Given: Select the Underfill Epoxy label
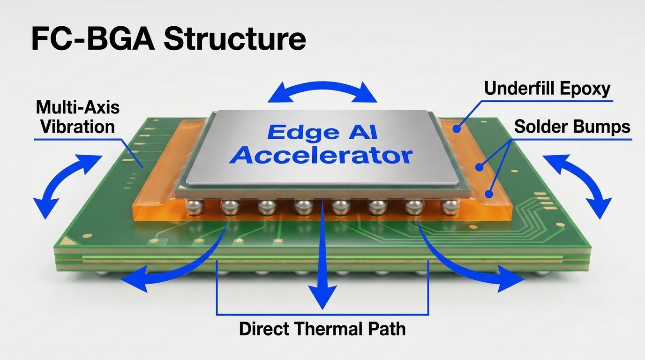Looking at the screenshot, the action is [547, 89].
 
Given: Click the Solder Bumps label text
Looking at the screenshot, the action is [572, 127].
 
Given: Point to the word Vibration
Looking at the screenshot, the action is [77, 127].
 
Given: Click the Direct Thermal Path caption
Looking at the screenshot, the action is [322, 329].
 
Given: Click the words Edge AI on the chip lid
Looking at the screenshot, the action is [322, 132].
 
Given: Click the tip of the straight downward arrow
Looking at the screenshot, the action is [322, 309].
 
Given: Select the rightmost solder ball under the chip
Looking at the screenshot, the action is [450, 207].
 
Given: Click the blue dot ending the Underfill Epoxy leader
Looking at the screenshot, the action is [456, 129].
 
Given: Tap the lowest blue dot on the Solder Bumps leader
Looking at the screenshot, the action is [488, 194].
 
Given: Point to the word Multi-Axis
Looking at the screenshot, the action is [78, 108].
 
